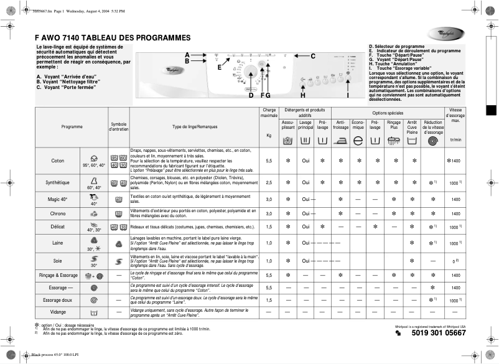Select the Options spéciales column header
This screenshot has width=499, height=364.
[x=388, y=112]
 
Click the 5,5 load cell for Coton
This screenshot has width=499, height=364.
[x=269, y=161]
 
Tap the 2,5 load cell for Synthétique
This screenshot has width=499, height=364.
[x=269, y=183]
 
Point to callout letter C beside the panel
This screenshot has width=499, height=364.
[x=313, y=57]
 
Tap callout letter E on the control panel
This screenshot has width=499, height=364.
[x=219, y=68]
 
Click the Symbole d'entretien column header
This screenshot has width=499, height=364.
[x=118, y=126]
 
